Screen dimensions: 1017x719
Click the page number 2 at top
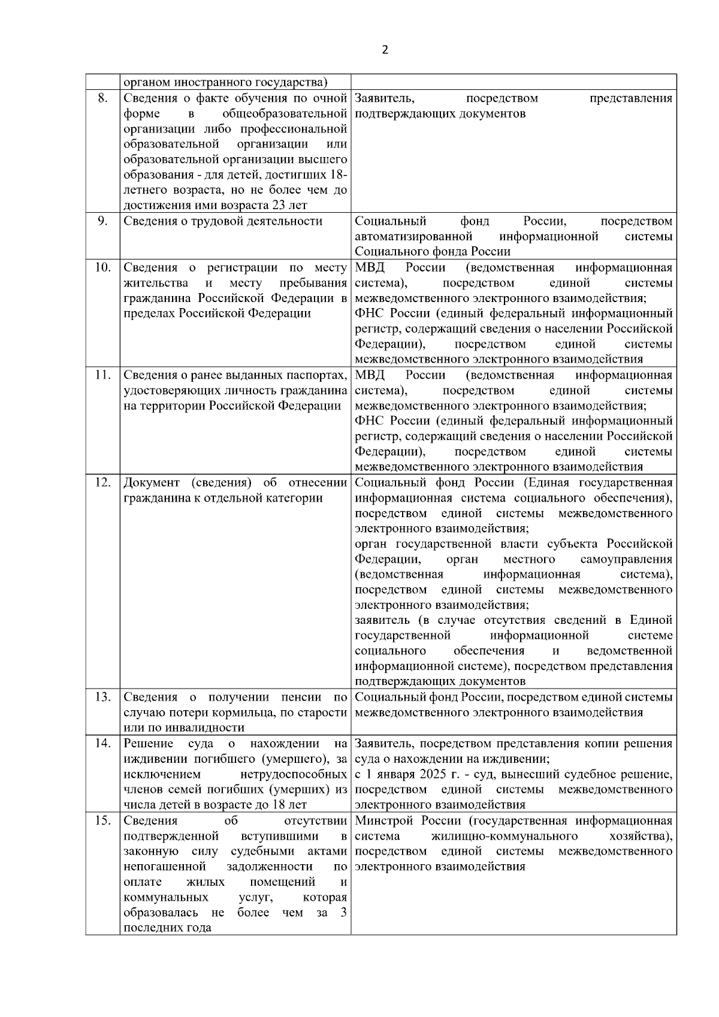[x=385, y=50]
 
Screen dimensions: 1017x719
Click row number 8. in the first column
[x=102, y=98]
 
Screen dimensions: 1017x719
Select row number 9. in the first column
[x=102, y=221]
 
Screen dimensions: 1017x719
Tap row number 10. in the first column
[x=102, y=267]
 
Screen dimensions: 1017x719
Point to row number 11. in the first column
[x=102, y=375]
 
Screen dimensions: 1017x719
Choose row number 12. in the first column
[x=102, y=482]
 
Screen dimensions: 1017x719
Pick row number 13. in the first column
[x=102, y=697]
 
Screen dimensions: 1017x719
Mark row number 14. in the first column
[x=102, y=744]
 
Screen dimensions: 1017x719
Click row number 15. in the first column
[x=102, y=820]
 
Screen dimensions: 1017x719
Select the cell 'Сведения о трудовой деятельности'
[x=223, y=221]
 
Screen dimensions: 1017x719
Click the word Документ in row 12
[x=152, y=482]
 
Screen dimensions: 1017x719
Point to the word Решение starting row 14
[x=148, y=744]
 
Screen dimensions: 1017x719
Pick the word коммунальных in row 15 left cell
[x=166, y=897]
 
